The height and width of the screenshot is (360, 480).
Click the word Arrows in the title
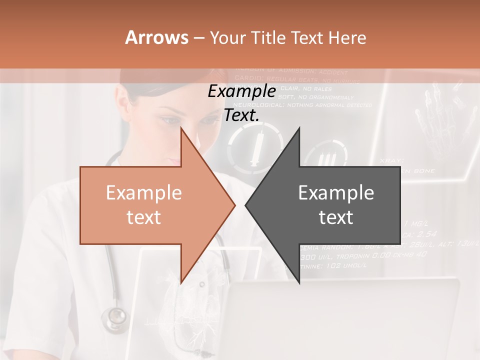(x=156, y=37)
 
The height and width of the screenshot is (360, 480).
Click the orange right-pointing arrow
(x=150, y=205)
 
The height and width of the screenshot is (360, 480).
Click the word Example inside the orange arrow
(x=144, y=193)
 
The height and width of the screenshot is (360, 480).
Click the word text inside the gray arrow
(x=336, y=217)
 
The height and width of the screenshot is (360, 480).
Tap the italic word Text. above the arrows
(x=242, y=115)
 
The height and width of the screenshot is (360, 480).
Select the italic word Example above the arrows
(x=242, y=91)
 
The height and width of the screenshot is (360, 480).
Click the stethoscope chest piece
(x=115, y=316)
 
